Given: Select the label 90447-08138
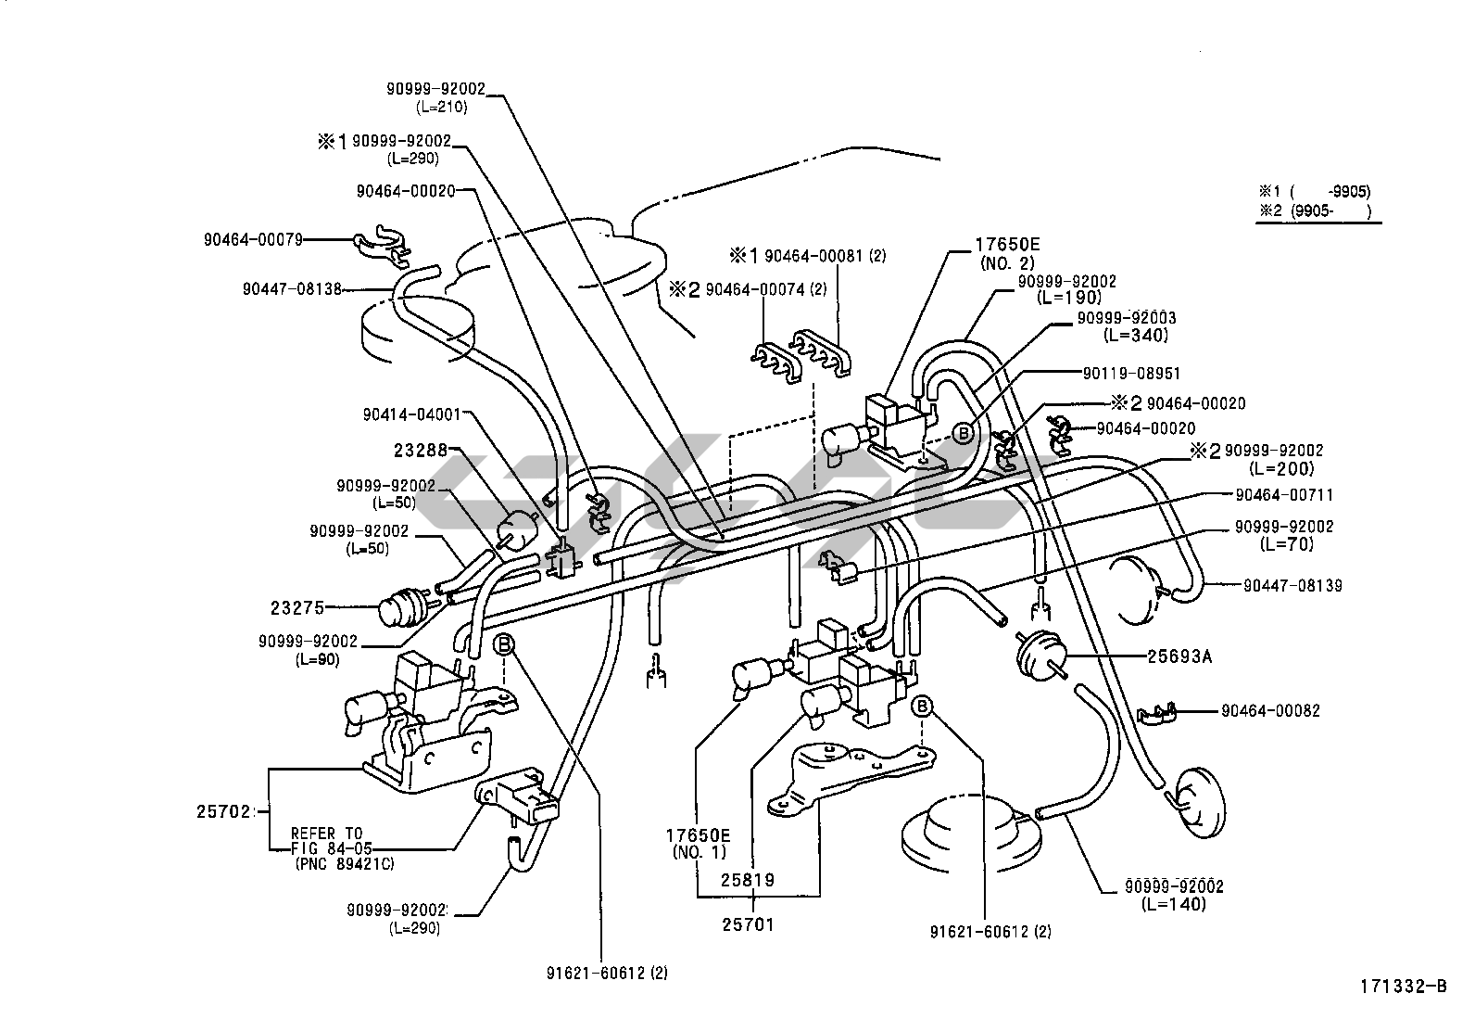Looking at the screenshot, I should [292, 289].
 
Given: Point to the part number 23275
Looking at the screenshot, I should [297, 608].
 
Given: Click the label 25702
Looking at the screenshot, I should [223, 811].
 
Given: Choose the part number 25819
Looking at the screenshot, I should [749, 879].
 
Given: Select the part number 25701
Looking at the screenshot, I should [749, 923].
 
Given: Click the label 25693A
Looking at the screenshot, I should [1180, 656].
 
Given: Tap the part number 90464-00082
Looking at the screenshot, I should [1270, 711].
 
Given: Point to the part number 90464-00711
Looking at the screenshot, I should [1284, 495].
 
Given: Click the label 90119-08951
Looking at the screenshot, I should [1131, 373].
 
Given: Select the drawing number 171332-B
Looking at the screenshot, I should [1403, 986].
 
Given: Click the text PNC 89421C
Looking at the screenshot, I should [343, 864].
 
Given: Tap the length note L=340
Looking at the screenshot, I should [1136, 336].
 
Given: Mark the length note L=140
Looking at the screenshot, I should [1174, 904].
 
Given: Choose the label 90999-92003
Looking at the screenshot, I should [1127, 318].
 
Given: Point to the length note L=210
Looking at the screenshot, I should [441, 107].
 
